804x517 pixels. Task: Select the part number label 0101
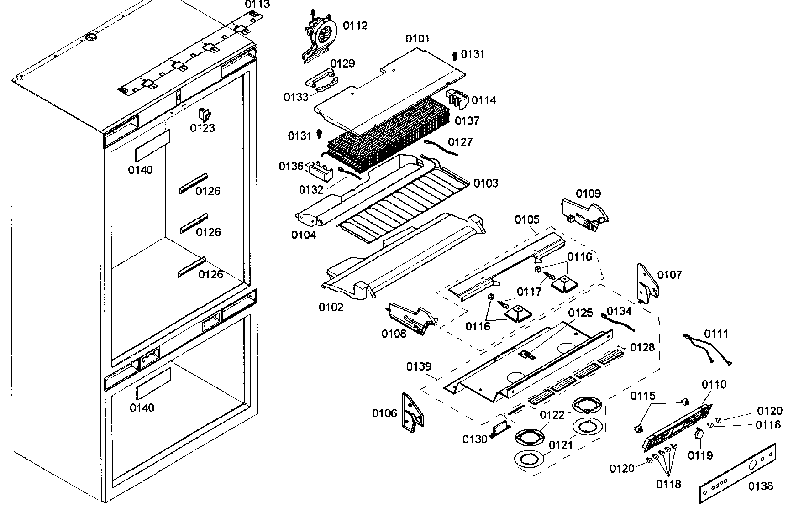[x=417, y=39]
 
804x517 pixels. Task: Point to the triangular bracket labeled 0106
[x=411, y=413]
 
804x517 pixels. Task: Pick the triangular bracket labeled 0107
[x=647, y=283]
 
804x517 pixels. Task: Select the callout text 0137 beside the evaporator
[x=467, y=121]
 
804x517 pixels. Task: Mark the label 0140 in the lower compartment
[x=142, y=407]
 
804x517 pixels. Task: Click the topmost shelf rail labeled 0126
[x=193, y=183]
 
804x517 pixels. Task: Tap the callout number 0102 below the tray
[x=331, y=307]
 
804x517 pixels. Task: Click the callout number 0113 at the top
[x=257, y=5]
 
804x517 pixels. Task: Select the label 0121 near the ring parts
[x=560, y=445]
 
